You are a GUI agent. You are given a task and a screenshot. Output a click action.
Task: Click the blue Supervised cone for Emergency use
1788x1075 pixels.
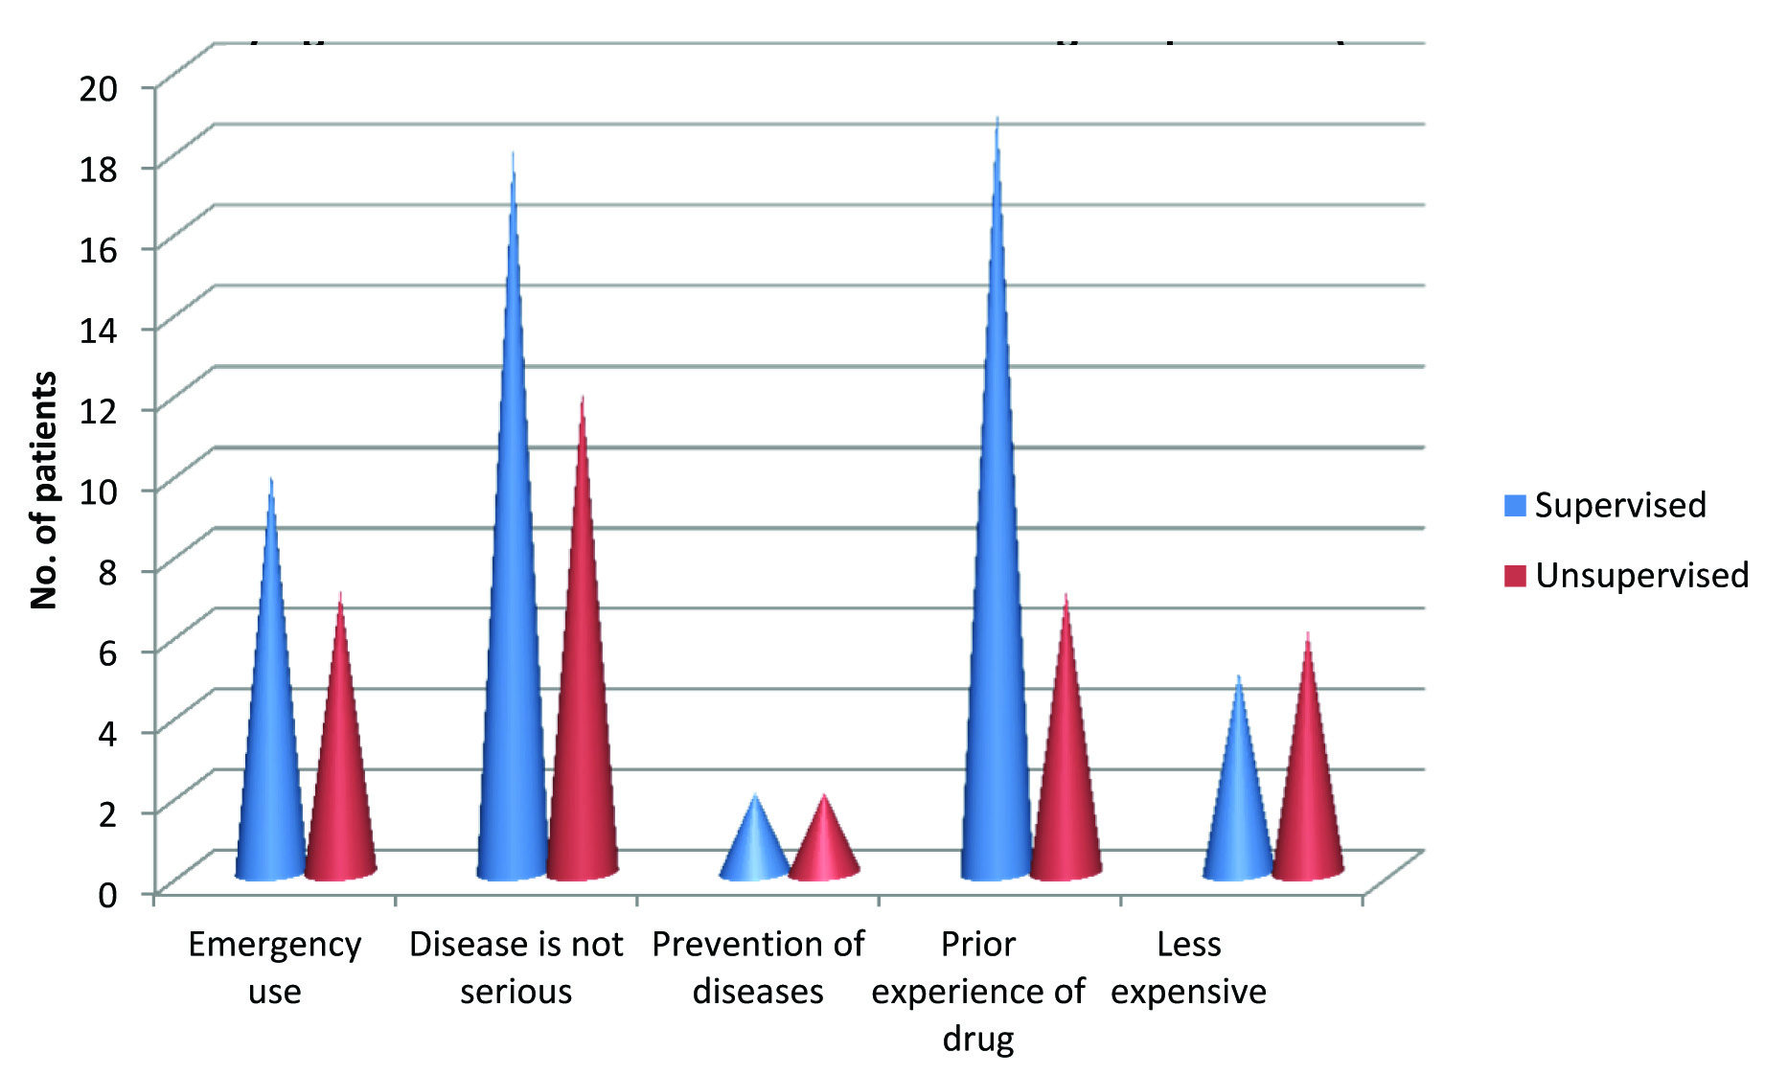271,728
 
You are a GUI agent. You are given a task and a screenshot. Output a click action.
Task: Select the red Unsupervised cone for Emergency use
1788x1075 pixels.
340,766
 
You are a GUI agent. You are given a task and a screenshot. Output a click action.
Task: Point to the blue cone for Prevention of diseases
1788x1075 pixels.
755,848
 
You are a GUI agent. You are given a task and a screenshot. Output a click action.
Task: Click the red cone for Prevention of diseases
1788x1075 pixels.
824,848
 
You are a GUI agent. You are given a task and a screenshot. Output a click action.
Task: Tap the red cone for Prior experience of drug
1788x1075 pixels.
1066,766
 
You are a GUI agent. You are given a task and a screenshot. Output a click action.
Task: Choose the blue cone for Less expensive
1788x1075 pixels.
1238,805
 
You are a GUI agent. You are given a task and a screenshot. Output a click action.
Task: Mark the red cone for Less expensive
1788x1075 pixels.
1307,786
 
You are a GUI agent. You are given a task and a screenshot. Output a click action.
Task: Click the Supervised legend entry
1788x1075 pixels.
1606,505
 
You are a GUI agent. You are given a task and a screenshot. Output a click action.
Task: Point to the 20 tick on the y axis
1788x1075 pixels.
98,88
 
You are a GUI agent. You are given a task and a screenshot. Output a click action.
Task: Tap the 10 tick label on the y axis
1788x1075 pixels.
98,492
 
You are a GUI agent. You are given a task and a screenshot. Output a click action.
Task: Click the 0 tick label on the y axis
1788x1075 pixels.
107,895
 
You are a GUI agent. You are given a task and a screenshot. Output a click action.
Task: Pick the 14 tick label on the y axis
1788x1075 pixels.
98,331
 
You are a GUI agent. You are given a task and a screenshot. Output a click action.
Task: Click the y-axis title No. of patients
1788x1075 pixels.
44,490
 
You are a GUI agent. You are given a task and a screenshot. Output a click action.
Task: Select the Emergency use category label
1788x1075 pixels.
274,968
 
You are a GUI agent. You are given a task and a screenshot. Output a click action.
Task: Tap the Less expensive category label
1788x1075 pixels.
1188,968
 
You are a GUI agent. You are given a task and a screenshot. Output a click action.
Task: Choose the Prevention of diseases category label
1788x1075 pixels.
758,968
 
